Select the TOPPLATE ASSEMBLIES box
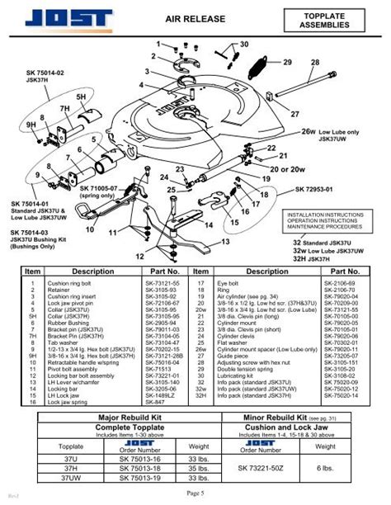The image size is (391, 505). point(324,18)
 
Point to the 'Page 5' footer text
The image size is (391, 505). point(195,492)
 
